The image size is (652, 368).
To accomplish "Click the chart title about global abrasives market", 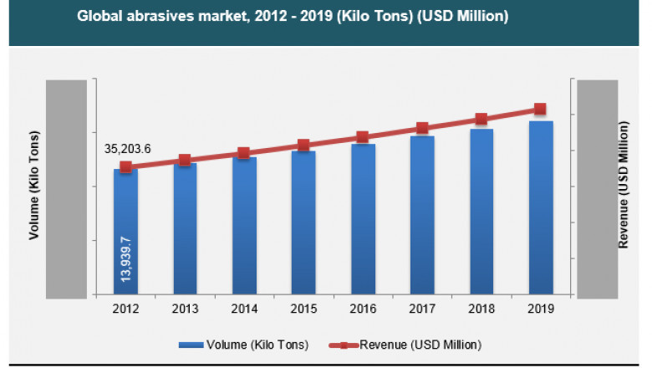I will tap(288, 16).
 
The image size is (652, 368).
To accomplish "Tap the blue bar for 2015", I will tap(303, 222).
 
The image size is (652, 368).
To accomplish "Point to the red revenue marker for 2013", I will tap(185, 160).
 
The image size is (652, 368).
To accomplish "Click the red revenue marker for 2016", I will tap(362, 137).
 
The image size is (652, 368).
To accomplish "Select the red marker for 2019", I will tap(540, 110).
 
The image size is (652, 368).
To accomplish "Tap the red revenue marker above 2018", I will tap(481, 120).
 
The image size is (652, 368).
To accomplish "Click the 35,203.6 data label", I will tap(127, 149).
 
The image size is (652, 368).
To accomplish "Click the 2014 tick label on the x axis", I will tap(244, 309).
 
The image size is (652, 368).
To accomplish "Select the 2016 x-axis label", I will tap(363, 309).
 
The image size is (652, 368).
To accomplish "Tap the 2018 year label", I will tap(481, 309).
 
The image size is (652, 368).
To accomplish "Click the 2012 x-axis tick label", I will tap(125, 309).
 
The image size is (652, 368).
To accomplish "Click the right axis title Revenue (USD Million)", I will tap(623, 185).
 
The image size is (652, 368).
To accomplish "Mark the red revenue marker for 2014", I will tap(243, 153).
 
